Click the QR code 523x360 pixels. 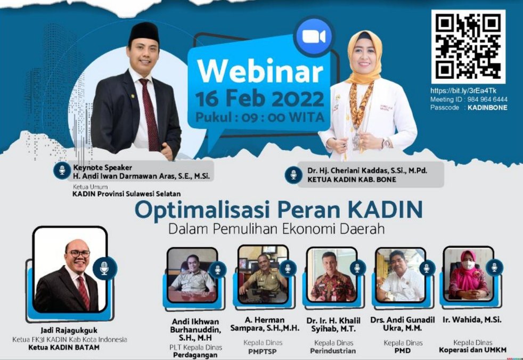click(x=468, y=46)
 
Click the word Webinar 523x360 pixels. click(x=260, y=71)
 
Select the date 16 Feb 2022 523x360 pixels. click(x=259, y=99)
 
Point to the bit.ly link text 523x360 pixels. click(x=463, y=91)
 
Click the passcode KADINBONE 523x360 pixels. click(x=487, y=108)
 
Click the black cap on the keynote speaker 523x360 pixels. click(x=144, y=32)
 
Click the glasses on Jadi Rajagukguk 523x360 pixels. click(x=79, y=254)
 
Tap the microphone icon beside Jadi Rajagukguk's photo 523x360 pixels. click(x=104, y=268)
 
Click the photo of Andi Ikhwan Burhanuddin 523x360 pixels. click(x=192, y=275)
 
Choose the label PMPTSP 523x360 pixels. click(x=263, y=351)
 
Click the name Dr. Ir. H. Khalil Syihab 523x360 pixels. click(x=333, y=325)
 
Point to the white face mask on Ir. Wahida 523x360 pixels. click(x=468, y=265)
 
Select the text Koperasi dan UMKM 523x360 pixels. click(x=472, y=350)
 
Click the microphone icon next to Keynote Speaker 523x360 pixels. click(x=62, y=170)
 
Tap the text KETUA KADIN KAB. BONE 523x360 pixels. click(x=352, y=179)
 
